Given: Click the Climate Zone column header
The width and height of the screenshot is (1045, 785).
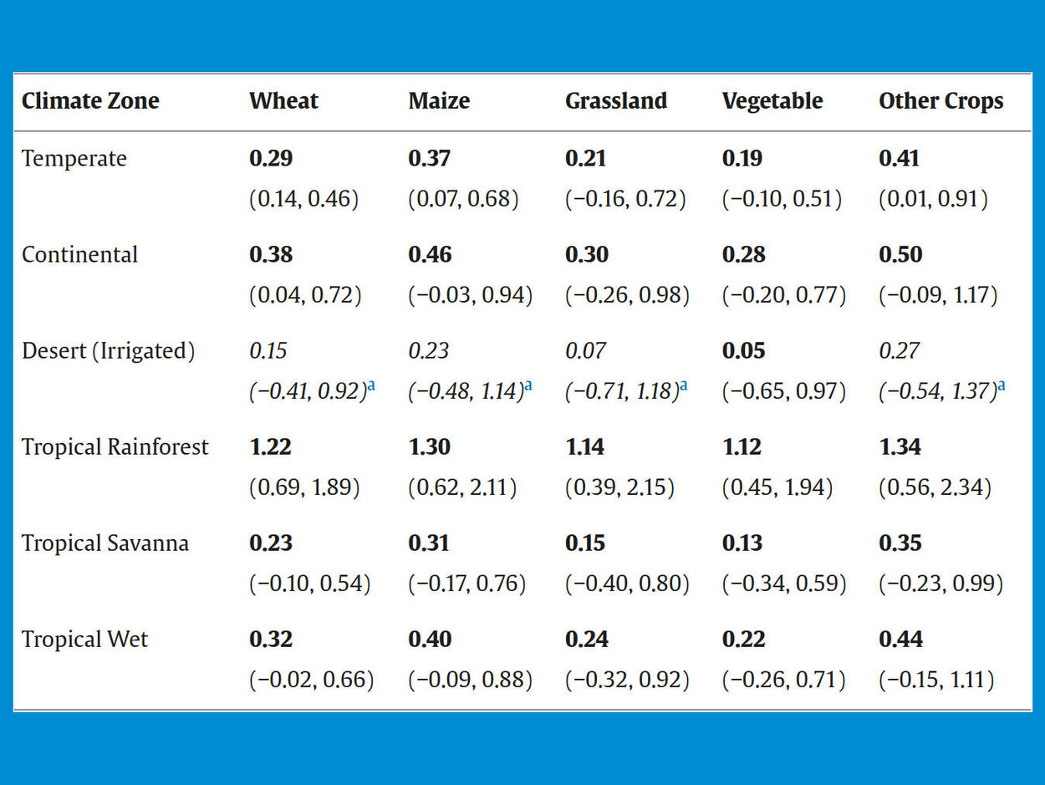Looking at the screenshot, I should [90, 101].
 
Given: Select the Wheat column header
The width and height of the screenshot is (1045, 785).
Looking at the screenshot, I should [283, 101].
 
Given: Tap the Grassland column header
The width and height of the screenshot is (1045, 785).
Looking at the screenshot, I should [616, 101].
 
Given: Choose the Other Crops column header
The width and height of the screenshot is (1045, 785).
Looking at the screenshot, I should [940, 101].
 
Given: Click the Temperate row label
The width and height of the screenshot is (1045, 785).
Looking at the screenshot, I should [74, 159].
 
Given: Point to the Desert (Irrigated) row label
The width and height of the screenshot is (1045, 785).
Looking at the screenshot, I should [108, 351].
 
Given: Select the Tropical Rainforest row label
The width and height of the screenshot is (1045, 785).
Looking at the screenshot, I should [115, 447].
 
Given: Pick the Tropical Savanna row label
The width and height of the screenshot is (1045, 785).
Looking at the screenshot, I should [105, 543].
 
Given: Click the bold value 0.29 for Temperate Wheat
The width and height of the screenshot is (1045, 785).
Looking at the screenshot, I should [271, 159].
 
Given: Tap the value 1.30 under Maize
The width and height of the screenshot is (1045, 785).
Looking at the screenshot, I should [430, 447].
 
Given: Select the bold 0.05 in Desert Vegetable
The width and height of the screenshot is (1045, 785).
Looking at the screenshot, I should [743, 351].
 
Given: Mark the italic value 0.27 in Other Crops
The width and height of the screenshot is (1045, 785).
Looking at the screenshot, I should [900, 351].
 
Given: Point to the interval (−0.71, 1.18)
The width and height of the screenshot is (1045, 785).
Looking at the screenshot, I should [621, 391].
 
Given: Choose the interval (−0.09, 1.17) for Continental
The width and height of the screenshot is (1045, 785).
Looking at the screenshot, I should [938, 295].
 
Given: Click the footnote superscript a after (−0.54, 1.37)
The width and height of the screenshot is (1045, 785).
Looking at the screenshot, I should [1001, 386].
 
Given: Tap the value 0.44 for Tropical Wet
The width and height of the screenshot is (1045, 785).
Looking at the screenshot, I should [901, 640].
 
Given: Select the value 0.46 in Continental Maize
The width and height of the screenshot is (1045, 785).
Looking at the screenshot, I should [430, 255].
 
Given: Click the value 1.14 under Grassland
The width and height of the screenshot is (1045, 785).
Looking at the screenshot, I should [585, 447].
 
